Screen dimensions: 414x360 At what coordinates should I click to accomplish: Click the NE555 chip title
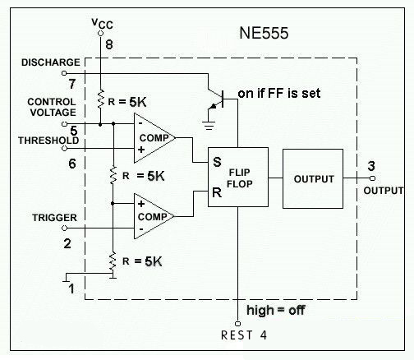click(264, 33)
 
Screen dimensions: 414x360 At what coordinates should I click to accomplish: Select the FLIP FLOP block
click(238, 177)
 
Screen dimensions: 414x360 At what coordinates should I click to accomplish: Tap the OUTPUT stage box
click(313, 178)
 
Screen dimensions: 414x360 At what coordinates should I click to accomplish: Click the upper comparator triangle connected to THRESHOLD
click(154, 138)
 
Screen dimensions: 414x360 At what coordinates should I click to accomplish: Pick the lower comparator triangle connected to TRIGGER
click(154, 216)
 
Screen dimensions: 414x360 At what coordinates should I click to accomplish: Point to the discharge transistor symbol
click(216, 99)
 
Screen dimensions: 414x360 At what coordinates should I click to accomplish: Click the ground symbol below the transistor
click(209, 126)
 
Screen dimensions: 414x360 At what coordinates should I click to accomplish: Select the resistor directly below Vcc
click(101, 99)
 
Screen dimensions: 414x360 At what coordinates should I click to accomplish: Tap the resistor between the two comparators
click(113, 175)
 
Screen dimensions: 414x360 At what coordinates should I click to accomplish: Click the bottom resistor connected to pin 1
click(113, 261)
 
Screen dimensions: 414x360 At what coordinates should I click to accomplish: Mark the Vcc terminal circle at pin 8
click(100, 34)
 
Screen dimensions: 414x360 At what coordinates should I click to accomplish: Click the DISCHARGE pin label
click(51, 62)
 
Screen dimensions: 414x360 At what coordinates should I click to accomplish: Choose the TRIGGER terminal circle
click(64, 228)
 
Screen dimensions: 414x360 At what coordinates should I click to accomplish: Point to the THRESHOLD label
click(48, 141)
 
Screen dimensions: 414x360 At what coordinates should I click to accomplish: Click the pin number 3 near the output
click(371, 166)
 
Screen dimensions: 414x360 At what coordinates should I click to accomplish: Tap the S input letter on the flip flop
click(217, 162)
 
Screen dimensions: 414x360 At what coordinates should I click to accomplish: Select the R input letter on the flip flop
click(217, 192)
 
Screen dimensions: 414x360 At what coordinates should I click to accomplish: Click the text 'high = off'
click(276, 311)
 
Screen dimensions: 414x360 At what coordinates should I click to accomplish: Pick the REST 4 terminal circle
click(237, 324)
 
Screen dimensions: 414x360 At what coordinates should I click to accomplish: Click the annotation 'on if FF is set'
click(279, 94)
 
